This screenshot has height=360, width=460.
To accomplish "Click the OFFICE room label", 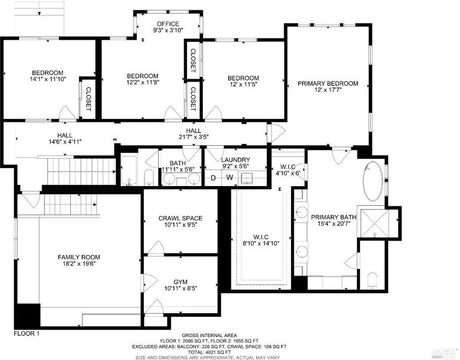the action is tap(168, 24).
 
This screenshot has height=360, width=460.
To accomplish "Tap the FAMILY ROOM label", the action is tap(79, 257).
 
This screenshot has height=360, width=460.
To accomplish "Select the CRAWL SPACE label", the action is tap(181, 218).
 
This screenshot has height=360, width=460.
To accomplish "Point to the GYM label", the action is tap(181, 282).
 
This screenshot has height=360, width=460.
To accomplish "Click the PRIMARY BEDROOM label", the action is tap(327, 83).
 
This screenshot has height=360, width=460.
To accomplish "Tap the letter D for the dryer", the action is tap(214, 178).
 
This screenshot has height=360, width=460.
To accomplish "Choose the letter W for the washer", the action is tap(230, 178).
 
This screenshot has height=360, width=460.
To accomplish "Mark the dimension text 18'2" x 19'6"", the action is tap(79, 263).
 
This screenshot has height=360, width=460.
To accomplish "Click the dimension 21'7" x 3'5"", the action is tap(194, 137).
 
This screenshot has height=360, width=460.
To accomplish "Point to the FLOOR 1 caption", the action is tap(27, 334).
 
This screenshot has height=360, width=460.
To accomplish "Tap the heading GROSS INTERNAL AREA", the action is tap(209, 335).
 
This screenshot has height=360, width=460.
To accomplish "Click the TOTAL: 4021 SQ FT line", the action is tap(209, 352).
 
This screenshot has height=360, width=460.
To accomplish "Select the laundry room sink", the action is tap(246, 178).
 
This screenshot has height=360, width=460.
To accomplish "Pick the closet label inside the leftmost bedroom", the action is tap(88, 99).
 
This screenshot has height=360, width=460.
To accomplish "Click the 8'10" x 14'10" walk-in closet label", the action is tap(261, 243).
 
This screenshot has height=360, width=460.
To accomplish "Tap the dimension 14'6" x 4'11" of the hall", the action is tap(65, 142).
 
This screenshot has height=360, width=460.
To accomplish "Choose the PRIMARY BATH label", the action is tap(333, 217).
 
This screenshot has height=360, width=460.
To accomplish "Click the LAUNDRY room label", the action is tap(235, 160).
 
